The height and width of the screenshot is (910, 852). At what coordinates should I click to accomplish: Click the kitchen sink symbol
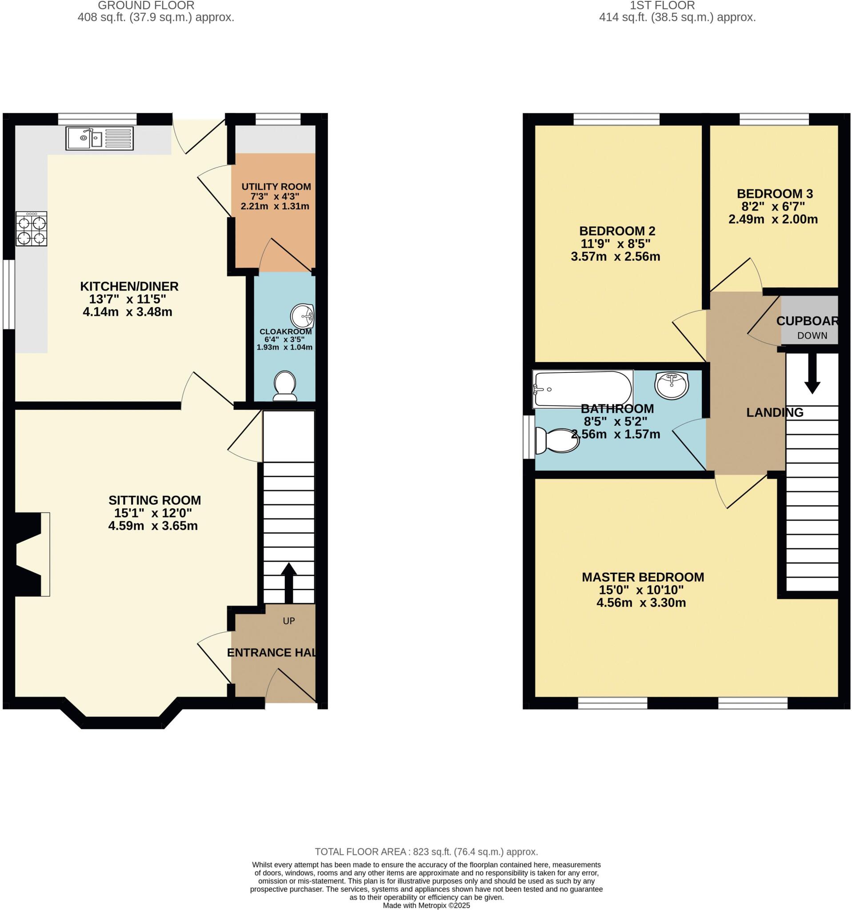100,138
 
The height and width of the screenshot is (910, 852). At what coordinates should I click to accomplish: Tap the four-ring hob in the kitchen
32,229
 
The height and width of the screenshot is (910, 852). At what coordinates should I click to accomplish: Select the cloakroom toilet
284,385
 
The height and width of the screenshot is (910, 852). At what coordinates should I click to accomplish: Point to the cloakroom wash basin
302,316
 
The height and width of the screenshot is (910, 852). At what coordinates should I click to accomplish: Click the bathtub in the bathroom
582,389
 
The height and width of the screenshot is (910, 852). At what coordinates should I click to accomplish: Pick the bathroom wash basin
671,385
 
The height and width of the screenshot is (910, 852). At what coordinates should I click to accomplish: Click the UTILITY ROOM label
276,187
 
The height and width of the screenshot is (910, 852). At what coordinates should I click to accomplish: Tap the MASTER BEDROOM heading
642,577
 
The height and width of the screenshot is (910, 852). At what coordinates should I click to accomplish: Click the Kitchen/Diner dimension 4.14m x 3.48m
127,312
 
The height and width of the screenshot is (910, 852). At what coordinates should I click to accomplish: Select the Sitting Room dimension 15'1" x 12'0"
152,513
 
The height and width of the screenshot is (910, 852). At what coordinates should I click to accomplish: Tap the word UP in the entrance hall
288,621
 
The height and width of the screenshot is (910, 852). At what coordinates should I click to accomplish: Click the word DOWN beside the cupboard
812,335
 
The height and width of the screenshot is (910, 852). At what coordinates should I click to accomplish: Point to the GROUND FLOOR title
146,5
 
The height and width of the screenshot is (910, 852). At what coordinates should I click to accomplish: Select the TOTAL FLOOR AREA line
426,852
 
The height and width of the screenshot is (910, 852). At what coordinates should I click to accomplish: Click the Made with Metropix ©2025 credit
426,906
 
